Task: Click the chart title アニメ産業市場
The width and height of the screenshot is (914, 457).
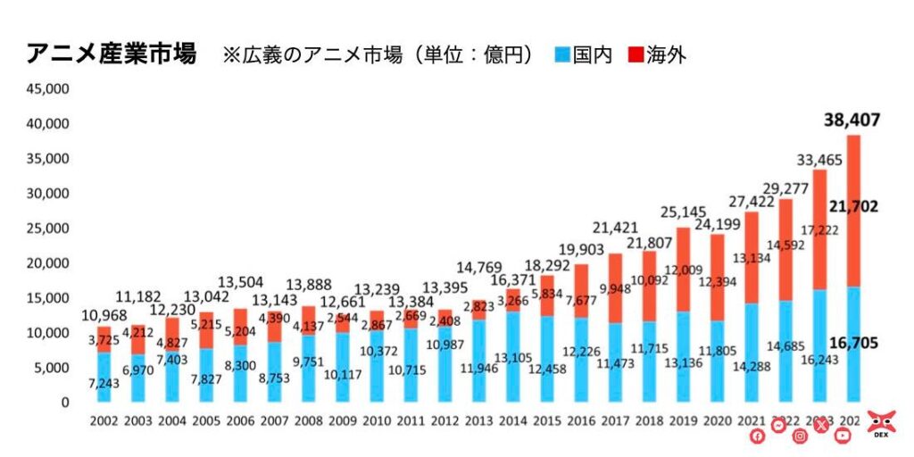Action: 112,54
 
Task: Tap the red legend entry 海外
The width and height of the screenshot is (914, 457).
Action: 656,55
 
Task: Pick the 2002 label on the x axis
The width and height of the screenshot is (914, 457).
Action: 104,421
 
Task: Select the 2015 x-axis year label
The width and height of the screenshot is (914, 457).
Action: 545,421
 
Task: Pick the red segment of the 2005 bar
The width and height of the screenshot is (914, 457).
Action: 205,329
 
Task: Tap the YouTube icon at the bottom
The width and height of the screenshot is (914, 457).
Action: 843,436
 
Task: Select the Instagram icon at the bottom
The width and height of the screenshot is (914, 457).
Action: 800,436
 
